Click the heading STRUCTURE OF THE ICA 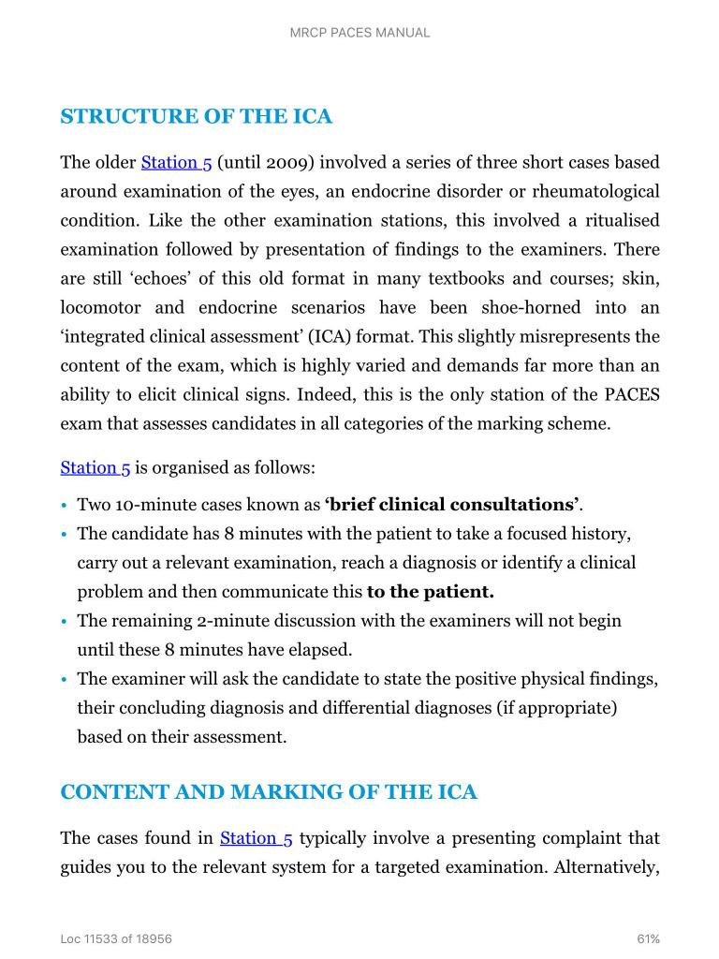tap(196, 117)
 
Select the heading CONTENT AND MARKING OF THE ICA tap(269, 792)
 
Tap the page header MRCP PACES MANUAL tap(359, 33)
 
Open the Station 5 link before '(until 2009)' tap(176, 163)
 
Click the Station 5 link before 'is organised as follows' tap(95, 467)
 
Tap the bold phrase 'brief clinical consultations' tap(451, 505)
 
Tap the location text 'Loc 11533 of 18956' tap(116, 938)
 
